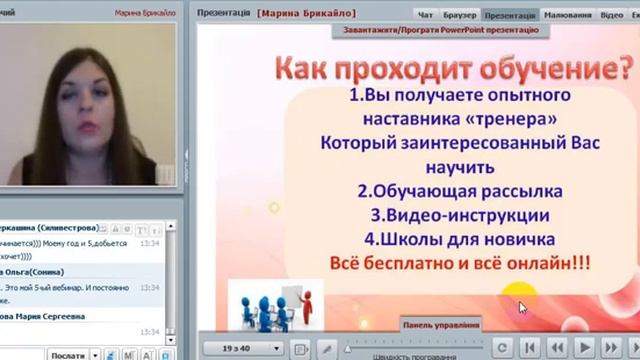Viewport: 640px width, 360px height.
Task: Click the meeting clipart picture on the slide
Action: [x=269, y=304]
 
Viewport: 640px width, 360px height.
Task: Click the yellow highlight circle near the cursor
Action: [x=512, y=297]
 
